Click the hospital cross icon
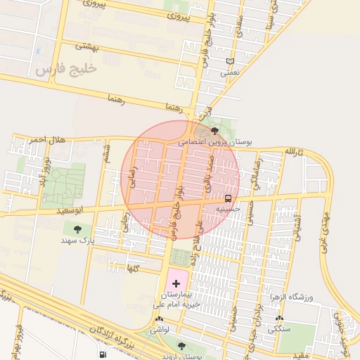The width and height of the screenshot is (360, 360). (x=176, y=282)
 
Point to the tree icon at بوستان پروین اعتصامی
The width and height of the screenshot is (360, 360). (x=214, y=131)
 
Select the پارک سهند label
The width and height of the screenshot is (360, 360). (x=77, y=240)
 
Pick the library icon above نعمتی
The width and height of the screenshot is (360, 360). (x=230, y=61)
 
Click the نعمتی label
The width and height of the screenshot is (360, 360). (x=230, y=72)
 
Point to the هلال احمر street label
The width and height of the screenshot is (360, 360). (x=47, y=141)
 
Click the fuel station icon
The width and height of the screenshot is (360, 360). (x=103, y=354)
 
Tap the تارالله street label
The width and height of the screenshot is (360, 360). (x=292, y=152)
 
